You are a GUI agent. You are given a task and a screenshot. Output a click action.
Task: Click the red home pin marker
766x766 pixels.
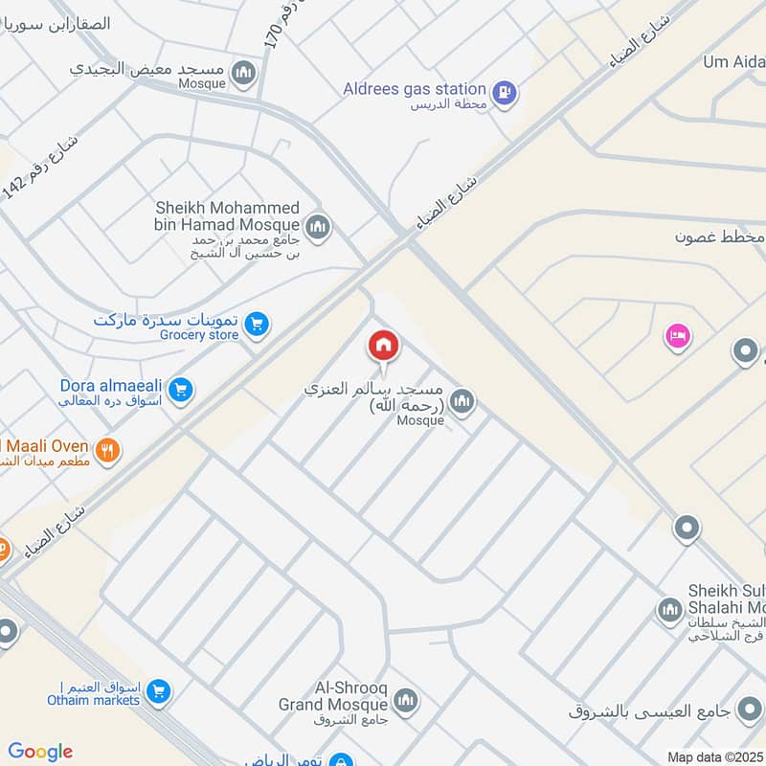click(x=384, y=345)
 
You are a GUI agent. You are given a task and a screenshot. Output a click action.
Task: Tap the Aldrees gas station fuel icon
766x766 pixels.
click(x=507, y=93)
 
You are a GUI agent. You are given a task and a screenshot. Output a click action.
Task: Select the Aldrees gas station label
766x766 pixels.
click(x=415, y=89)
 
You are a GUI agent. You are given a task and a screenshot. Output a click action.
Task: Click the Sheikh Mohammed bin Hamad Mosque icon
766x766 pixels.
click(x=319, y=227)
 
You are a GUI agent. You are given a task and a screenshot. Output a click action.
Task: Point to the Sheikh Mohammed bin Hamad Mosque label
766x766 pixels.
click(x=228, y=216)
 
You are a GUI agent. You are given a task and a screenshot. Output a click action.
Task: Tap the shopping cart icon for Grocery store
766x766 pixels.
click(x=255, y=325)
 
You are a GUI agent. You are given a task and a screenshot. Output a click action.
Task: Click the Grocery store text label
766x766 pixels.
click(x=199, y=335)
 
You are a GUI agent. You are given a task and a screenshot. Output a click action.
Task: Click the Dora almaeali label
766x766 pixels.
click(x=111, y=387)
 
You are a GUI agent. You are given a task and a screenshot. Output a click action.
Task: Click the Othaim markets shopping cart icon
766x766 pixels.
click(x=159, y=690)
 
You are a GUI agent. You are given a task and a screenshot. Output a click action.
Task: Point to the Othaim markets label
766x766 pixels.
click(x=94, y=700)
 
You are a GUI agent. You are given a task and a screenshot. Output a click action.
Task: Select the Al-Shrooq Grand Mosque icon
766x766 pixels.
click(x=406, y=702)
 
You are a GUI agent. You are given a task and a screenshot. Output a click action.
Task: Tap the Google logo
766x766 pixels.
click(x=40, y=752)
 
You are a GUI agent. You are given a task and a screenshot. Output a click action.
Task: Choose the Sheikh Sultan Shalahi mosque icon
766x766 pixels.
click(x=668, y=608)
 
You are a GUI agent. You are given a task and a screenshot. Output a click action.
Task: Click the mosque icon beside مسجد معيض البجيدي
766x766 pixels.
click(x=245, y=72)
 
